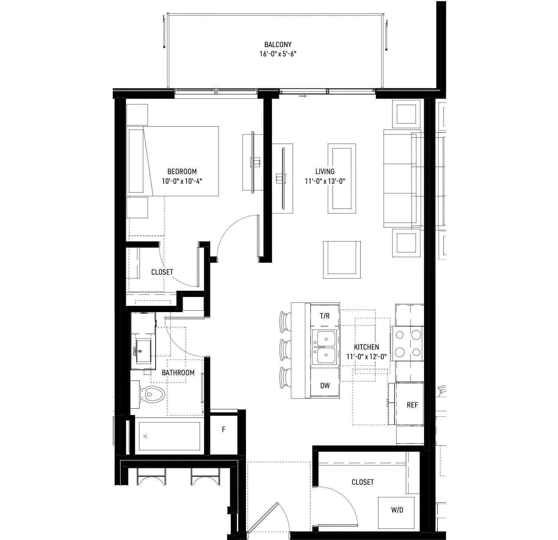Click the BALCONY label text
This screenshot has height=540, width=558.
point(278,45)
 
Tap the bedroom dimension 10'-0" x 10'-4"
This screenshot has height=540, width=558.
point(182,181)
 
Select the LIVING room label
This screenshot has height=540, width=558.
point(325,171)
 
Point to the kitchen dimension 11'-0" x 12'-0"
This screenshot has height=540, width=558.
point(366,357)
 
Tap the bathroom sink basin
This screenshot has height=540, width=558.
point(143,351)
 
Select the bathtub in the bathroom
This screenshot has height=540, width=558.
point(169,436)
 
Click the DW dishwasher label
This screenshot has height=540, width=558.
point(325,386)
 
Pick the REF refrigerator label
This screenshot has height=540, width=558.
point(412,405)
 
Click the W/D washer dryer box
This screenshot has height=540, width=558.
point(397,510)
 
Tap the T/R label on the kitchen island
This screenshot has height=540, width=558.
point(325,316)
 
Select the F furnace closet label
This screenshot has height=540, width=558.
point(223,429)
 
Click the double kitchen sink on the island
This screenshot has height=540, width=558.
point(325,347)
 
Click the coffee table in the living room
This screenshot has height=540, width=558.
point(342,179)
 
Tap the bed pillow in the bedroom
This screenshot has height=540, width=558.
point(136,161)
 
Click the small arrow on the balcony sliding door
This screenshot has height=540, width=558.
point(303,96)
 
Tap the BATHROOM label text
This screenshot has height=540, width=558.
point(178,373)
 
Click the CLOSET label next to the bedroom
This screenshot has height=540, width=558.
point(162,272)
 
